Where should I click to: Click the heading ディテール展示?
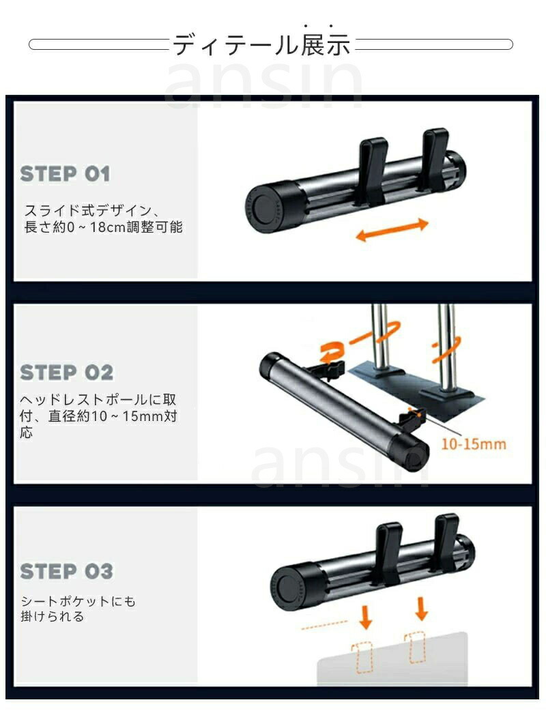(261, 45)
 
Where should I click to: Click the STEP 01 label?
(66, 174)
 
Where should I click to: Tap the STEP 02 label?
(66, 373)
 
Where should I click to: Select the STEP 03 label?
(66, 571)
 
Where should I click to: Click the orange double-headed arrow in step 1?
(391, 229)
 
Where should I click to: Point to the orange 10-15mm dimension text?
(474, 444)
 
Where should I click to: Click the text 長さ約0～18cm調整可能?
(103, 227)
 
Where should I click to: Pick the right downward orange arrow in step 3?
(422, 609)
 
